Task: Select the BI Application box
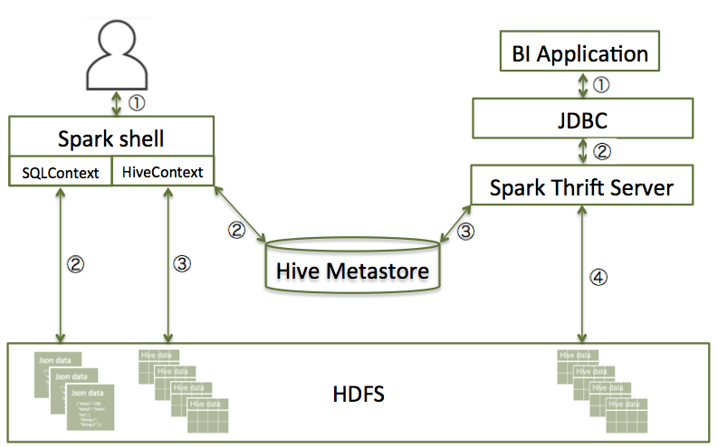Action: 579,53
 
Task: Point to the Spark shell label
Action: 111,139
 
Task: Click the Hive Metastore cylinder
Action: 352,266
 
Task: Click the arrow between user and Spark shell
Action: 115,100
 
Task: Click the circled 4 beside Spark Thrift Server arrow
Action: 597,277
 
